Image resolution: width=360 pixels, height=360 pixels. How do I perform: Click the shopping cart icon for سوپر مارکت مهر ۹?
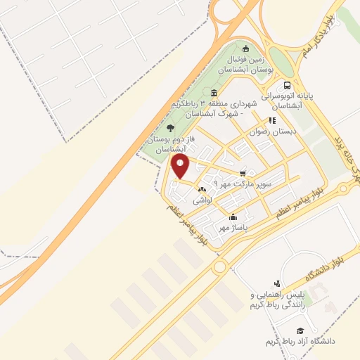(x=243, y=172)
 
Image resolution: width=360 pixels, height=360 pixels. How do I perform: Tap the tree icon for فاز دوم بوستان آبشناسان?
(x=170, y=128)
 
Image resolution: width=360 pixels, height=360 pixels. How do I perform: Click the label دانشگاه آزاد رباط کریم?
(x=301, y=341)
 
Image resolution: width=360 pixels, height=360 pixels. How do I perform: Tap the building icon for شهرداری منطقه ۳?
(x=214, y=94)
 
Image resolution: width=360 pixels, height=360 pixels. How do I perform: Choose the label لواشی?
(x=202, y=200)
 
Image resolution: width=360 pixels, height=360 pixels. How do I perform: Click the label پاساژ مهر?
(x=233, y=228)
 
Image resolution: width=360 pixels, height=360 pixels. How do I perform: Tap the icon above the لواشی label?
(x=202, y=190)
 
